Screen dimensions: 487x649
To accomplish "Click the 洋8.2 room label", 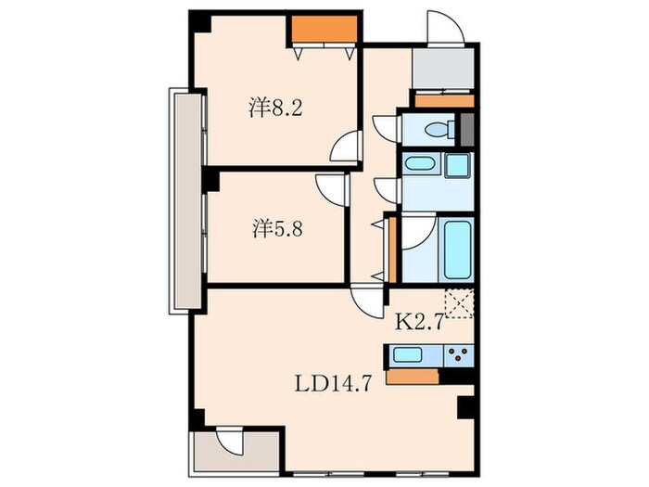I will (x=276, y=107).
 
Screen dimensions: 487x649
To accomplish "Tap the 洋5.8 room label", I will (x=276, y=227).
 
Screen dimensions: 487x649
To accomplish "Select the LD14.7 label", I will (x=333, y=381).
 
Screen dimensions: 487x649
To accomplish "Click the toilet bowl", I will (x=435, y=129).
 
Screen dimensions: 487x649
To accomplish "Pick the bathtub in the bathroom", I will (x=458, y=248).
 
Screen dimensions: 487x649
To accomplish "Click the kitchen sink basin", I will (x=408, y=353).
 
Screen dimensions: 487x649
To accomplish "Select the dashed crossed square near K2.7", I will (x=459, y=302).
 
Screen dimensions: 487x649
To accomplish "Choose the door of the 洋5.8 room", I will (x=331, y=189).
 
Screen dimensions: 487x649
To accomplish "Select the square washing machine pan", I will (x=458, y=166).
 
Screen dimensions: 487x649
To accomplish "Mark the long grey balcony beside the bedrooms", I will (x=185, y=199).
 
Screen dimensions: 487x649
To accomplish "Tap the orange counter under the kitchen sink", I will (x=413, y=377).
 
